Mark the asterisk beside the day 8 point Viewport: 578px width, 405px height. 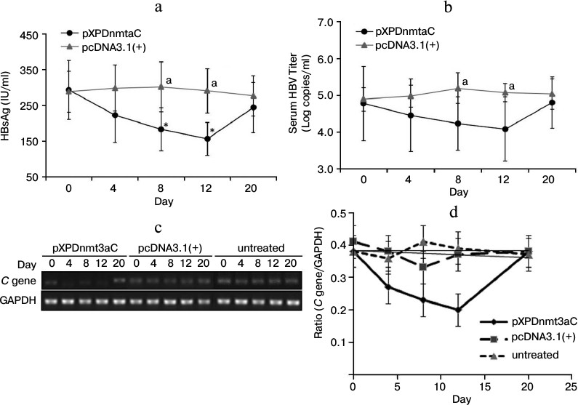click(166, 126)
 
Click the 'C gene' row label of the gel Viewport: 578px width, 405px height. click(23, 278)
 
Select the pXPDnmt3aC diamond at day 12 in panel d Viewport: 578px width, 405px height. click(457, 309)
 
